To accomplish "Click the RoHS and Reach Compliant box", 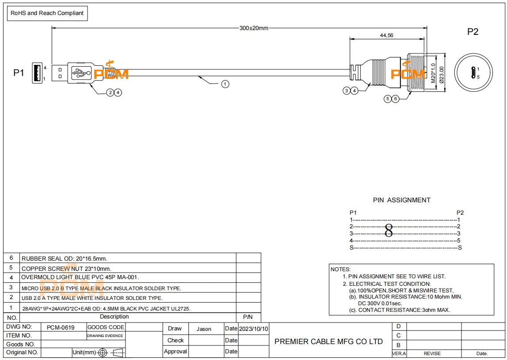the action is [47, 13].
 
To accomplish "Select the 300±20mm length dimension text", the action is [254, 28].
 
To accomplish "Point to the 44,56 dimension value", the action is [386, 35].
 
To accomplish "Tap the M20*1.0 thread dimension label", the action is [433, 73].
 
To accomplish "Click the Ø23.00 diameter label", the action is [442, 75].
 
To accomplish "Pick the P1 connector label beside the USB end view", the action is [19, 73].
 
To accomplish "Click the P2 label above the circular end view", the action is [473, 32].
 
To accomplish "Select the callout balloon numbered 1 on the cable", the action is [225, 84].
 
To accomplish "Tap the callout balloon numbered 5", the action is [388, 99].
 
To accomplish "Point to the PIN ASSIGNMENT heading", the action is [402, 200].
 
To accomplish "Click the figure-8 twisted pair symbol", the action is [389, 231].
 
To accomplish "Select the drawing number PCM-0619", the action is [61, 327].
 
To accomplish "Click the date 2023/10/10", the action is [254, 329].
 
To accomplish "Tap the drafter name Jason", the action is [204, 329].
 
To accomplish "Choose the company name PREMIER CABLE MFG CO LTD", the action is [328, 341].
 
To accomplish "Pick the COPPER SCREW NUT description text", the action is [66, 269].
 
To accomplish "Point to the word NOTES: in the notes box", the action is [340, 269].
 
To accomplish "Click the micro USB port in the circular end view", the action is [473, 73].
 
